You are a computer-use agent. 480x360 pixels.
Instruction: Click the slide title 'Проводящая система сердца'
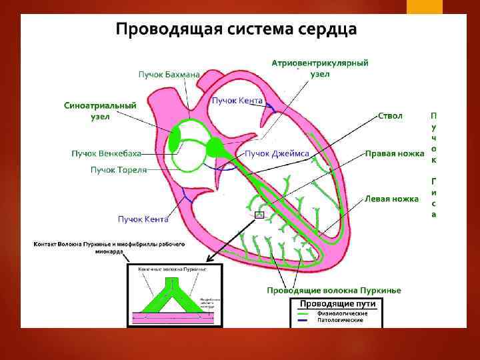point(237,30)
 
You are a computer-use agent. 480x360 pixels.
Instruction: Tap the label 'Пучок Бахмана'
point(169,74)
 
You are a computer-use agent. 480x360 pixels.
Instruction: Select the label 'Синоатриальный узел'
point(100,111)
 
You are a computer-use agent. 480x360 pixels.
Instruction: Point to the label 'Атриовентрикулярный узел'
point(320,68)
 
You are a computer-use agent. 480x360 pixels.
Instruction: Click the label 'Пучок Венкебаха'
point(106,154)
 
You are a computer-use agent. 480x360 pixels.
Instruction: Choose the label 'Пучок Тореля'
point(119,170)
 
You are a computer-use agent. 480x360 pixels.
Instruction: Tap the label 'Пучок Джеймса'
point(277,154)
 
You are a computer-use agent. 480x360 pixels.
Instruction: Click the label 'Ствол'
point(390,116)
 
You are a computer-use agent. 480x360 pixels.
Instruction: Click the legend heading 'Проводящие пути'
point(337,304)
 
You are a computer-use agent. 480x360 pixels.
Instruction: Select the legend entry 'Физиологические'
point(341,313)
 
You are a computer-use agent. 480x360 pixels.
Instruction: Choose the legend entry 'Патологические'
point(340,321)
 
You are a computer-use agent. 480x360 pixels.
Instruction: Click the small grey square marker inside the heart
point(259,215)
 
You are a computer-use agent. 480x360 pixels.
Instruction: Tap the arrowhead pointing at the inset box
point(209,259)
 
